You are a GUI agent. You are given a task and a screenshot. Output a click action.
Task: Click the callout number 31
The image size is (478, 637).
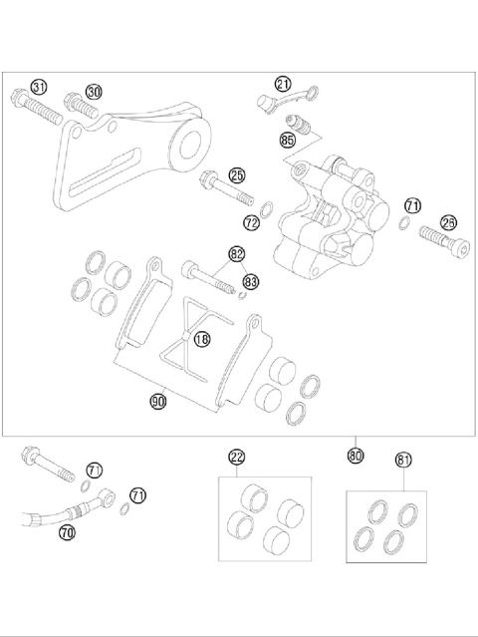pyautogui.click(x=39, y=88)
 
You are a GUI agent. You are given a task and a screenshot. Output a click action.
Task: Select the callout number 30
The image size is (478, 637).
pyautogui.click(x=94, y=91)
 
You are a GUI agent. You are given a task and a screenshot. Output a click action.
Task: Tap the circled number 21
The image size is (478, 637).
pyautogui.click(x=283, y=84)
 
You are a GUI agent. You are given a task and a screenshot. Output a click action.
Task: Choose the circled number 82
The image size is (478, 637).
pyautogui.click(x=236, y=254)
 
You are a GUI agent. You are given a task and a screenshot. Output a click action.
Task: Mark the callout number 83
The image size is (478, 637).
pyautogui.click(x=251, y=282)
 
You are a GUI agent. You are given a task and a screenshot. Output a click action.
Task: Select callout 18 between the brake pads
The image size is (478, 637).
pyautogui.click(x=202, y=339)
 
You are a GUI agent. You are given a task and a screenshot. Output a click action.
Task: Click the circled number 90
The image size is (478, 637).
pyautogui.click(x=158, y=401)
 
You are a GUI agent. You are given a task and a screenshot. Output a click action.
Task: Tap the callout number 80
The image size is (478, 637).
pyautogui.click(x=356, y=455)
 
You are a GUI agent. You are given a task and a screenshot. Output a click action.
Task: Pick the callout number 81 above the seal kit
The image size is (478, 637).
pyautogui.click(x=403, y=460)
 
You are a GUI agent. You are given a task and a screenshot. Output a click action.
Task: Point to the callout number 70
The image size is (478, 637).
pyautogui.click(x=67, y=533)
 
